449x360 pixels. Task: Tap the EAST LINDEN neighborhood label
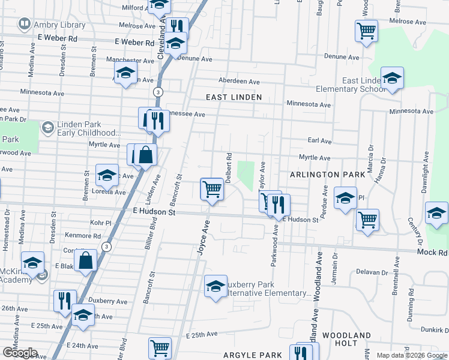(x=234, y=97)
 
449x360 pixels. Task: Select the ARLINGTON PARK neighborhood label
(x=327, y=175)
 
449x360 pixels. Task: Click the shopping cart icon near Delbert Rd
(x=212, y=189)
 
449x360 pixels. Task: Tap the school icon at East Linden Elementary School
(x=392, y=78)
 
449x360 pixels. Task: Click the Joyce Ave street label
(x=204, y=239)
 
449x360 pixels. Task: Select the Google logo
(x=20, y=353)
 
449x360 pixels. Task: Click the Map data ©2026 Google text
(x=412, y=355)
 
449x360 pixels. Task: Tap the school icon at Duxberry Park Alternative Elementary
(x=215, y=286)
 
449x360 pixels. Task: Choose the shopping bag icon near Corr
(x=86, y=260)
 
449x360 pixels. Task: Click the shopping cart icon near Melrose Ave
(x=366, y=30)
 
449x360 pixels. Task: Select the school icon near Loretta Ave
(x=107, y=175)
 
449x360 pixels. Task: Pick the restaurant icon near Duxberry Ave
(x=64, y=300)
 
